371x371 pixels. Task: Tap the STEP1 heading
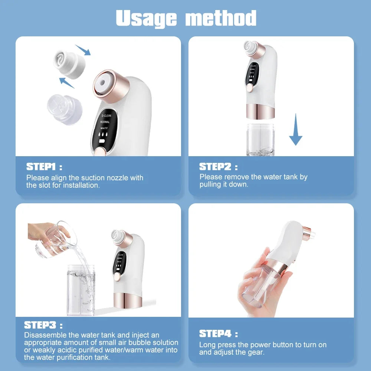(41, 167)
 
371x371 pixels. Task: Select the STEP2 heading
(215, 167)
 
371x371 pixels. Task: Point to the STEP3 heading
(40, 325)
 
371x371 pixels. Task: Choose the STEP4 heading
(215, 334)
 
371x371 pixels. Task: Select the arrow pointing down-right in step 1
(83, 50)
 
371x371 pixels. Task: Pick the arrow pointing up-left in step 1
(67, 82)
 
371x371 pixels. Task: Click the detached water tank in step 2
(260, 139)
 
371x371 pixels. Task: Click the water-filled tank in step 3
(81, 289)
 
